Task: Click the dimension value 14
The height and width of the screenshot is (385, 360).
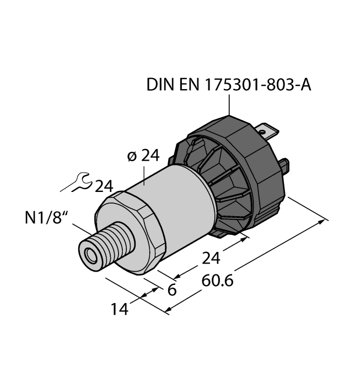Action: (119, 309)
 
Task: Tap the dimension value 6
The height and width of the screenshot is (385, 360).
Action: (171, 290)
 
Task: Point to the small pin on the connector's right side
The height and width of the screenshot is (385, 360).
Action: (285, 164)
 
